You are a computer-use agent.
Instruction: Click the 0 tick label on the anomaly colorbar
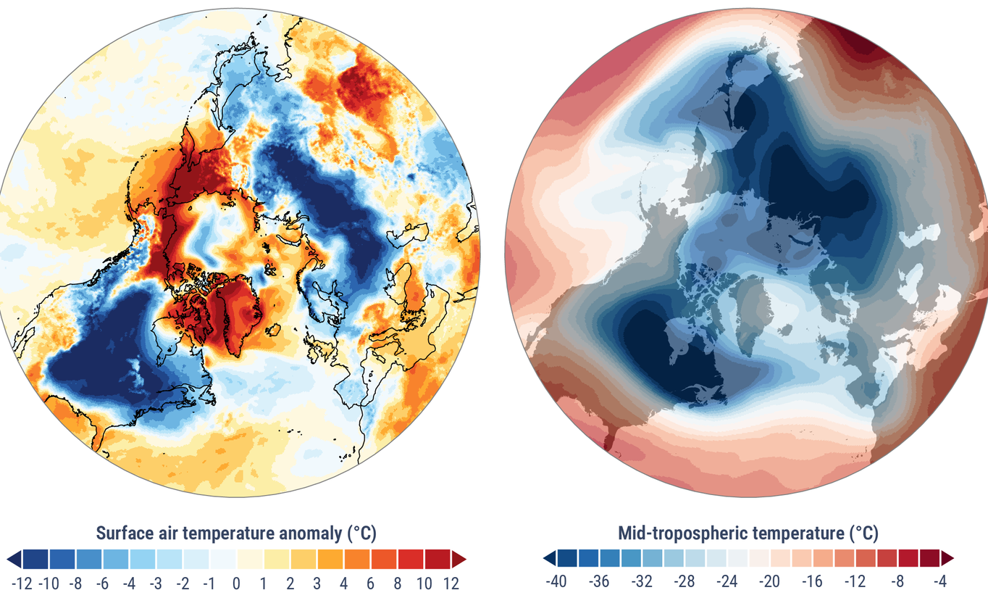click(x=236, y=582)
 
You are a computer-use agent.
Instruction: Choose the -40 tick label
click(x=556, y=581)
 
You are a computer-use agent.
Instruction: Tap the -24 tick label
click(x=727, y=581)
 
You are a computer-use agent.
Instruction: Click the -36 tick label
click(x=598, y=581)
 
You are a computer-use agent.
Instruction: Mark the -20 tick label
click(x=769, y=581)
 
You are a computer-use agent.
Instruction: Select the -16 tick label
click(x=812, y=581)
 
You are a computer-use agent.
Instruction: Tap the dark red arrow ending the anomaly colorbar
click(x=459, y=559)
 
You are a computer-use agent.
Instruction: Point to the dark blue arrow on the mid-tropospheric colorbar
click(x=550, y=557)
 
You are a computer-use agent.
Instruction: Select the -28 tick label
click(x=684, y=581)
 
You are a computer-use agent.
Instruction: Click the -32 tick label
click(x=641, y=581)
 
